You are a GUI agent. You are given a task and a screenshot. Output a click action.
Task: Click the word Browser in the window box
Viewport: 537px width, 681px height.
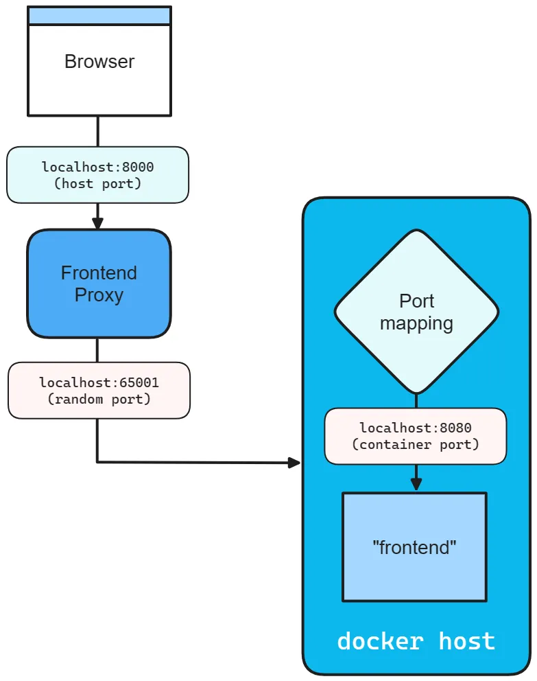point(99,62)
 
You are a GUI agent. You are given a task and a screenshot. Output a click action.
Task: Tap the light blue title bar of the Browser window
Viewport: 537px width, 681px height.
point(99,16)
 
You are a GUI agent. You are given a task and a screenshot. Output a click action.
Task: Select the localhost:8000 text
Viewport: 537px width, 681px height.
point(97,167)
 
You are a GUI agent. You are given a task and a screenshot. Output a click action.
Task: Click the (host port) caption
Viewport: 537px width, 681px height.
point(97,183)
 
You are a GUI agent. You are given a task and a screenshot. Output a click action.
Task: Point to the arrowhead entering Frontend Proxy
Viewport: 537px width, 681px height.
point(97,224)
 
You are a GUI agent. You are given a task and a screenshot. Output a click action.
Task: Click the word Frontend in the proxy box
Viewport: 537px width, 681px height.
point(99,273)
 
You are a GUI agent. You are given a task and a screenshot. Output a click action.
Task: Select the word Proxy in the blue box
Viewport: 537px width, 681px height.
point(99,295)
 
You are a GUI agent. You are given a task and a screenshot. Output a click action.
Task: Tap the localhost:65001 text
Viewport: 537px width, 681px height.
point(99,382)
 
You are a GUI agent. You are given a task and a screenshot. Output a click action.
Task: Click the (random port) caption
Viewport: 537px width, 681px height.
point(99,399)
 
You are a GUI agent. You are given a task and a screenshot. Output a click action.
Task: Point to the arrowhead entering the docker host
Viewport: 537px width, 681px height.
point(295,463)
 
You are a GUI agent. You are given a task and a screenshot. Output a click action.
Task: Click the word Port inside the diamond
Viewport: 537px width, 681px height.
point(416,301)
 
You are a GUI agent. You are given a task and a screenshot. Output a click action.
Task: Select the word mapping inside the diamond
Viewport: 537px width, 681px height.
point(416,323)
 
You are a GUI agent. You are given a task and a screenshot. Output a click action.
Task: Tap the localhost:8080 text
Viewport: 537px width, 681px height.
point(416,428)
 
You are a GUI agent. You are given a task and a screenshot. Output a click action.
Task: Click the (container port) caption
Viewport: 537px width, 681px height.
point(416,445)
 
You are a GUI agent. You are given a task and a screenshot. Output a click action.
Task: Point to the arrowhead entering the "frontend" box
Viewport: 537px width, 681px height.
point(416,485)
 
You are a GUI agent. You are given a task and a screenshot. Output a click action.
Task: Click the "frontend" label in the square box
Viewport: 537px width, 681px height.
point(414,548)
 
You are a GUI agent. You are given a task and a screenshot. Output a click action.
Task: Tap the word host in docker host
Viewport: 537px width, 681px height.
point(467,641)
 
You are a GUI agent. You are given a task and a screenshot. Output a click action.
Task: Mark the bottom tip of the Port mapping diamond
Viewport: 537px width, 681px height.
point(416,393)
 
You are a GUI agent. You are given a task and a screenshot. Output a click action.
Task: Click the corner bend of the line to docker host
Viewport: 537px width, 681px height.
point(97,462)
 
